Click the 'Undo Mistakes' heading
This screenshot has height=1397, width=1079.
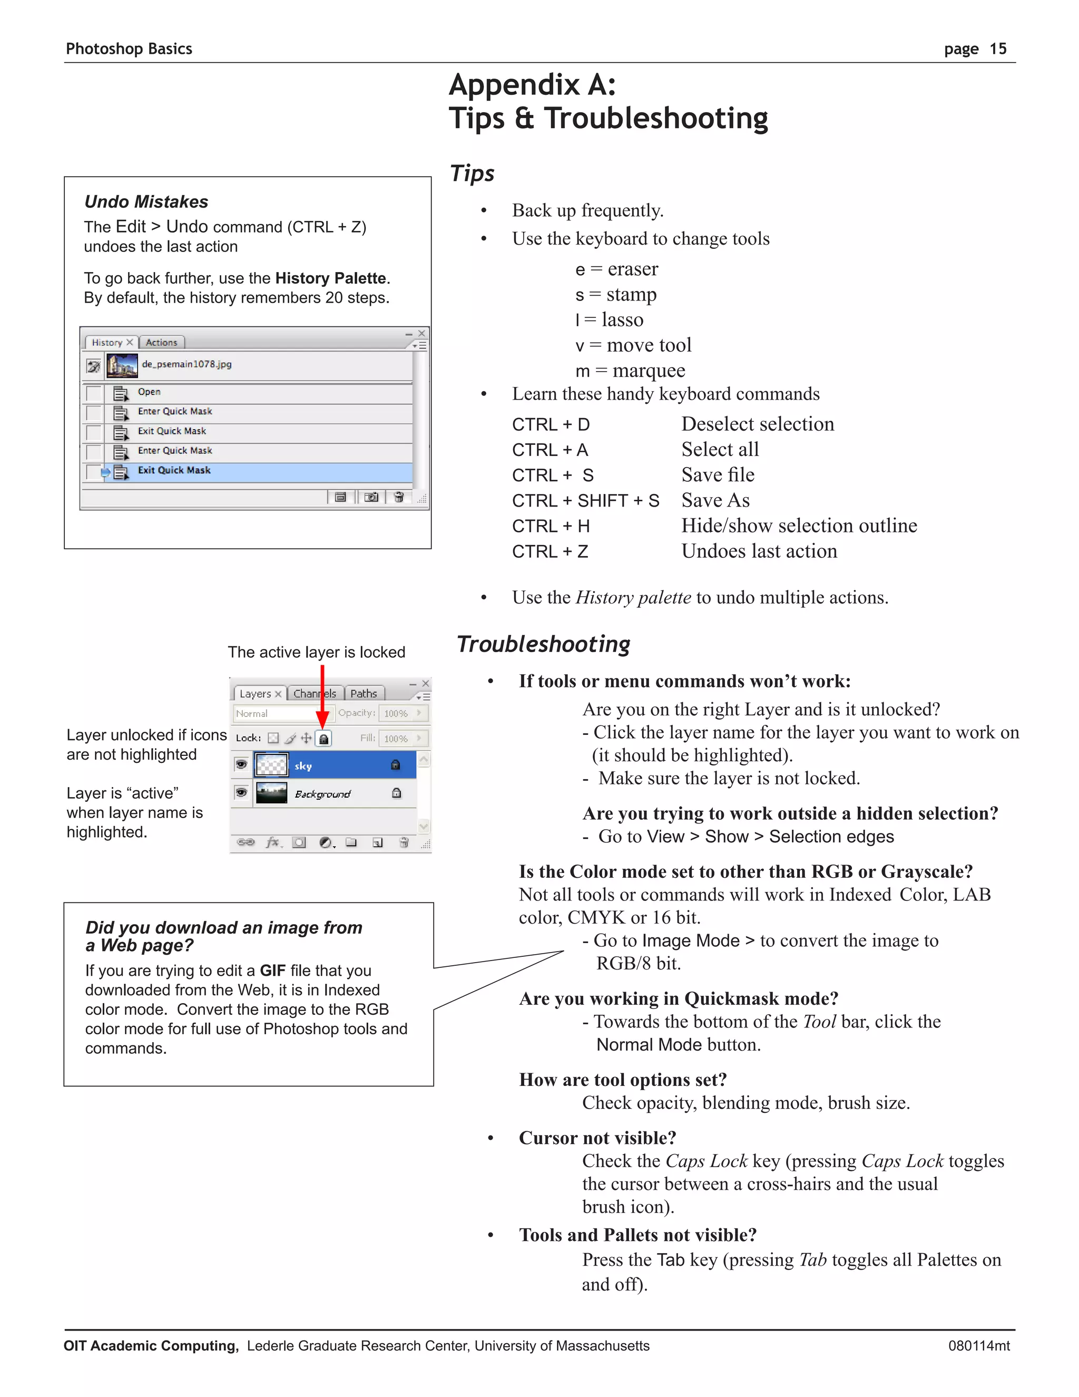[x=146, y=201]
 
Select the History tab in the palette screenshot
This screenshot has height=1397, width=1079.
[x=107, y=342]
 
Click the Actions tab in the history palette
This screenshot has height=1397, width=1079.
[x=161, y=342]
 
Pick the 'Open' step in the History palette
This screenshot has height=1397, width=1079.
[x=149, y=392]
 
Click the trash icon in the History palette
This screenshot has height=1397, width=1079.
[x=399, y=497]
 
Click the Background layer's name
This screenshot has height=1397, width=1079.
[x=323, y=794]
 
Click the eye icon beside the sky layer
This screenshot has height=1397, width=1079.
[x=241, y=764]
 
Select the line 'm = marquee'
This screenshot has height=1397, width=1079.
[x=630, y=371]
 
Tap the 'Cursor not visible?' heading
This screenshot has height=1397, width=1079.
[x=597, y=1138]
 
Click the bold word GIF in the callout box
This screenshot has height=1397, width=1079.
[x=272, y=971]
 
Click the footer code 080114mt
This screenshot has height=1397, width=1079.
[x=979, y=1346]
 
